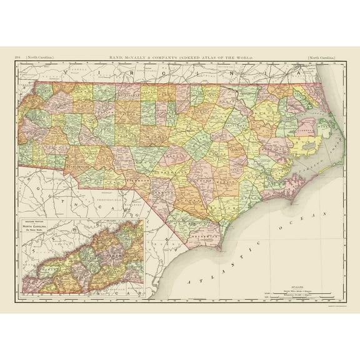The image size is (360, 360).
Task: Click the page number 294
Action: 17,57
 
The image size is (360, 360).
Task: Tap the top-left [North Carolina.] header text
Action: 39,57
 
